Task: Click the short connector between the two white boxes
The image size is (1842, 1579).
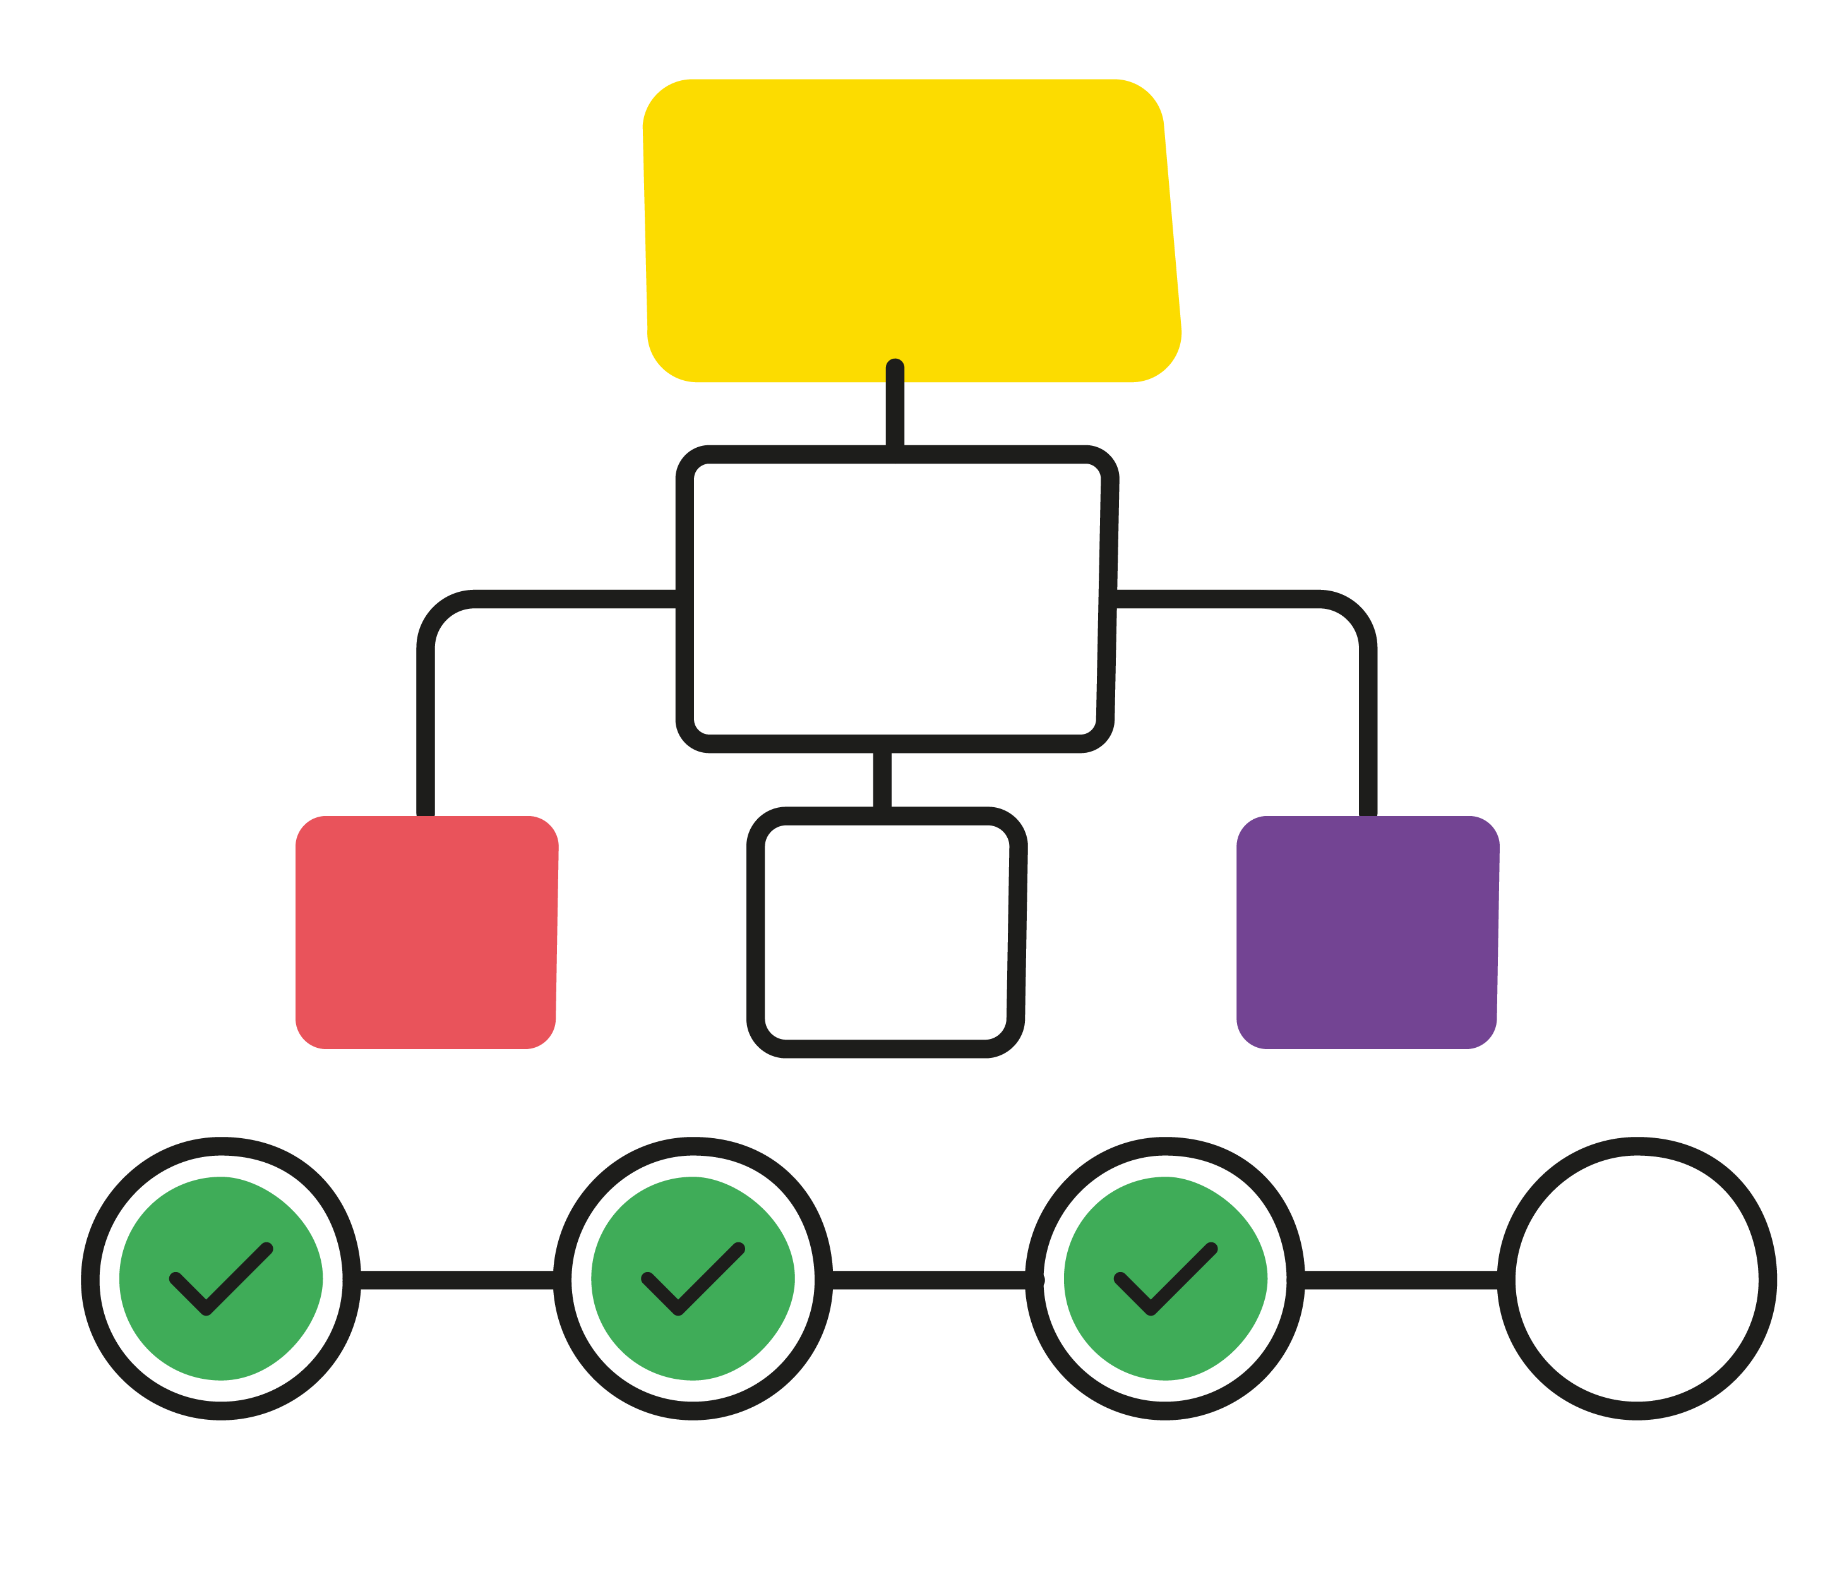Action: (x=882, y=780)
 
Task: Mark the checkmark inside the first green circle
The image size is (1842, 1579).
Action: (x=218, y=1280)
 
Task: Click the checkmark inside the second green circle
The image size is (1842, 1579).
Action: (x=690, y=1280)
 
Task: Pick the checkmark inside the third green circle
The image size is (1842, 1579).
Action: (x=1162, y=1280)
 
